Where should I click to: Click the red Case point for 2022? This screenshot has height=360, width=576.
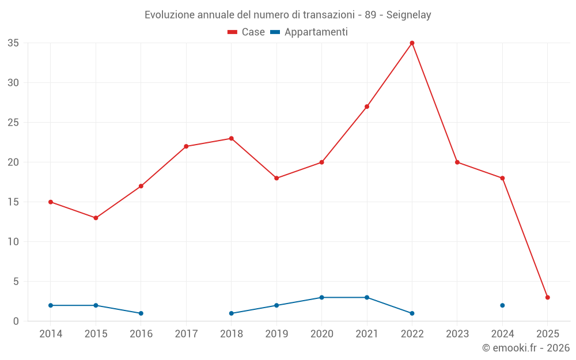coord(412,43)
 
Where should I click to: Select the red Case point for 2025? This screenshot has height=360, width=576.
coord(548,297)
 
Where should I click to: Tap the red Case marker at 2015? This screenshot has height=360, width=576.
coord(96,218)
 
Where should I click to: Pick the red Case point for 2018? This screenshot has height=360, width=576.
coord(231,138)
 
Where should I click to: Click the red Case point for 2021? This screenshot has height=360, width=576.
coord(367,107)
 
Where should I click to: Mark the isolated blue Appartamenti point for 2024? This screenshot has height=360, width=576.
coord(502,305)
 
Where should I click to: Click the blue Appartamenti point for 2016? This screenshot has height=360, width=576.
coord(141,313)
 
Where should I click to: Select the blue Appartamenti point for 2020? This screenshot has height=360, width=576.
coord(321,297)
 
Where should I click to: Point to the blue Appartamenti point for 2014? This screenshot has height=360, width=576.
coord(51,305)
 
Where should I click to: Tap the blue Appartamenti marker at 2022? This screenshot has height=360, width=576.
coord(412,313)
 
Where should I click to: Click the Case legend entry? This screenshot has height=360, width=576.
coord(247,32)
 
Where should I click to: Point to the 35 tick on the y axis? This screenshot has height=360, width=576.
coord(13,43)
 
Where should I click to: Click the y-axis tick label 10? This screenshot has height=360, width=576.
coord(13,242)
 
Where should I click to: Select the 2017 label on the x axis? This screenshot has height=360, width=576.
coord(186,334)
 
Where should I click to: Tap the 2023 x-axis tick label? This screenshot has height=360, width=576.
coord(457,334)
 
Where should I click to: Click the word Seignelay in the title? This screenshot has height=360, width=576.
coord(409,15)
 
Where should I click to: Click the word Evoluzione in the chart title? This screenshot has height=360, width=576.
coord(170,15)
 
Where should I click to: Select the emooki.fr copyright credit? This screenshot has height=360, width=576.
coord(526,348)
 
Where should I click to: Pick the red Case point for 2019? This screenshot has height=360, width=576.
coord(276,178)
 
